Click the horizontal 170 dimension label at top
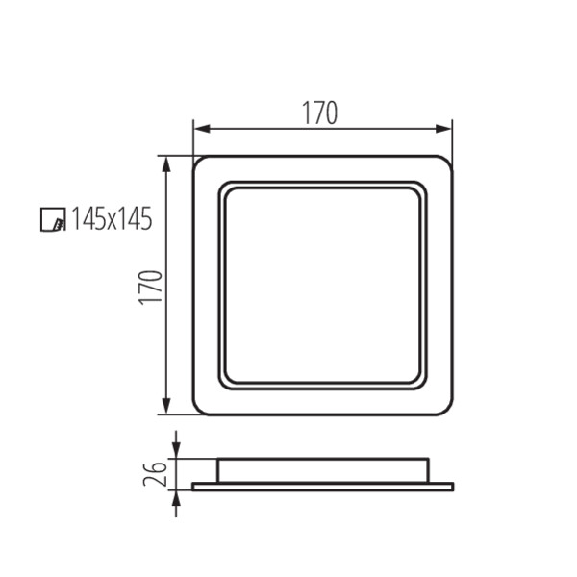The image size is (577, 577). (319, 113)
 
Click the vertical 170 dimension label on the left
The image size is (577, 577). (151, 288)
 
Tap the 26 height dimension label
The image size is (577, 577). (155, 473)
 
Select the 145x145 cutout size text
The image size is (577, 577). (112, 218)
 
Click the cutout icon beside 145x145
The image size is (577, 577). (53, 219)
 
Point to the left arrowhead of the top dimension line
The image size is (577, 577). (202, 129)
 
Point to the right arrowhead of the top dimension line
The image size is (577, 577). (443, 129)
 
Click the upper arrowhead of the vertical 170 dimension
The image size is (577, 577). (166, 164)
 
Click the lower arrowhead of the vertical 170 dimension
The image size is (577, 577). (166, 406)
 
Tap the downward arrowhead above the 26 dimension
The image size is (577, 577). (177, 450)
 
